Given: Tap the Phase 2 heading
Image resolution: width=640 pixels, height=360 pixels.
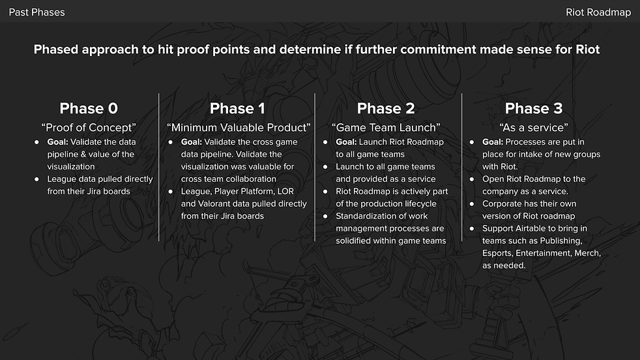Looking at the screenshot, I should (386, 108).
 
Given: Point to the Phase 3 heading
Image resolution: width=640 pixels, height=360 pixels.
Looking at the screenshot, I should (534, 108).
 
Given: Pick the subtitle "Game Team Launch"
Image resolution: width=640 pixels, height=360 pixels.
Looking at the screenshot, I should (386, 127).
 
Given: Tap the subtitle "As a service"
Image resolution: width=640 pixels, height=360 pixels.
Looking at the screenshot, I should (534, 127).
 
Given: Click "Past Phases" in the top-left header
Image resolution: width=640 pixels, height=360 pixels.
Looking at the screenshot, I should (36, 12).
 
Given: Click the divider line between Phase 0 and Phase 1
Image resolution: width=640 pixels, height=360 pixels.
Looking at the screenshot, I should (159, 167).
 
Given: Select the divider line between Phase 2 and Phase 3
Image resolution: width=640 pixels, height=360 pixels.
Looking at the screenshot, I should (462, 167).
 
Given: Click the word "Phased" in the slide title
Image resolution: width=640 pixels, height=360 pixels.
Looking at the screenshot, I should (57, 50).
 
